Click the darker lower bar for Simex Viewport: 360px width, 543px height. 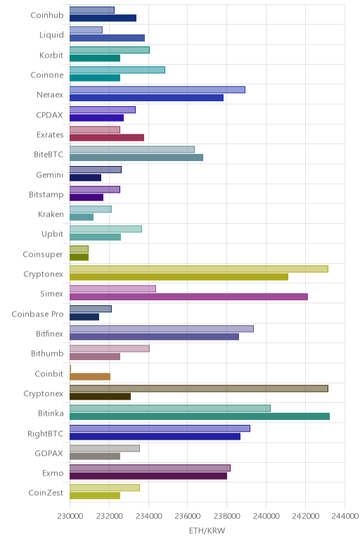point(188,297)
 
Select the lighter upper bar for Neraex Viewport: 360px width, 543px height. point(157,90)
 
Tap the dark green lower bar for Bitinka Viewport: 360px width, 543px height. point(200,416)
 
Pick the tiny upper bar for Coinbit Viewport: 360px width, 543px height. point(70,369)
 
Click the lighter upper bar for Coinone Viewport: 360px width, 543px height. point(117,70)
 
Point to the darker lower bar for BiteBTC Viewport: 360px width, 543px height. point(136,158)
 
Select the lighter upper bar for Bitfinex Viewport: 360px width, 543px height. point(162,328)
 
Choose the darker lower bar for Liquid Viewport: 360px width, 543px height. point(108,38)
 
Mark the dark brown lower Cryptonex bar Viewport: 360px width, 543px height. point(100,397)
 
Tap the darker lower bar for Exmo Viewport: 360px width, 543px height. point(148,476)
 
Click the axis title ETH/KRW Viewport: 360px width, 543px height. point(207,530)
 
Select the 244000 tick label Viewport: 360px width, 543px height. point(345,516)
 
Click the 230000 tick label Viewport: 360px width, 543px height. point(70,516)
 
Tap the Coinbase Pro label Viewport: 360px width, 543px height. point(37,314)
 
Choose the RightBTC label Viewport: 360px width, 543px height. point(45,434)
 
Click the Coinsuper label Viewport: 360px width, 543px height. point(43,255)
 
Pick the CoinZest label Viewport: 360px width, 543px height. point(46,493)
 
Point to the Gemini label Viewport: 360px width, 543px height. point(49,175)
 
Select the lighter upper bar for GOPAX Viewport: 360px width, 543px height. point(105,448)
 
